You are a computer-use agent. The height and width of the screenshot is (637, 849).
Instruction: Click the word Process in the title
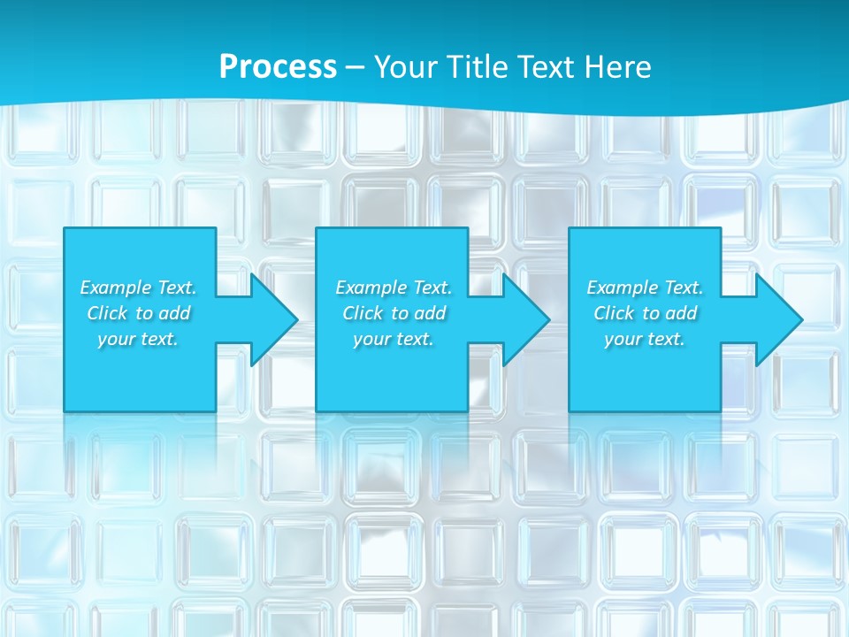click(278, 67)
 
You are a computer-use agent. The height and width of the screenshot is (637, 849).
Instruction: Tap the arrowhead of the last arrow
click(782, 319)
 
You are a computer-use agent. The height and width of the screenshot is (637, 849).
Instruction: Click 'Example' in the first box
click(116, 288)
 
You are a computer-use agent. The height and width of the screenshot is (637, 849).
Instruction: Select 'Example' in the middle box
click(371, 288)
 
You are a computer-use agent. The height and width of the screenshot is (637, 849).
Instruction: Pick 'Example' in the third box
click(623, 288)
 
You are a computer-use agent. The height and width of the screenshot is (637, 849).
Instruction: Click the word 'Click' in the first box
click(107, 313)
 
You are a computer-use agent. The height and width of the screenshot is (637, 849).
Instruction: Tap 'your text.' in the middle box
click(393, 339)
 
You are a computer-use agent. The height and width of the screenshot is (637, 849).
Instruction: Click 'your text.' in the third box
click(644, 339)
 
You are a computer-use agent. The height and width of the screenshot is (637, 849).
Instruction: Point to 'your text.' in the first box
click(137, 339)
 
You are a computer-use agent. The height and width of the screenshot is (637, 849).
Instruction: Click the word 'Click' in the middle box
click(363, 313)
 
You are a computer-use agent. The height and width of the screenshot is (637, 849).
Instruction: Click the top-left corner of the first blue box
click(65, 229)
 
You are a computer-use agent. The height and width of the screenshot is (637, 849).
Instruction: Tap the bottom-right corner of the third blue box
click(719, 410)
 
